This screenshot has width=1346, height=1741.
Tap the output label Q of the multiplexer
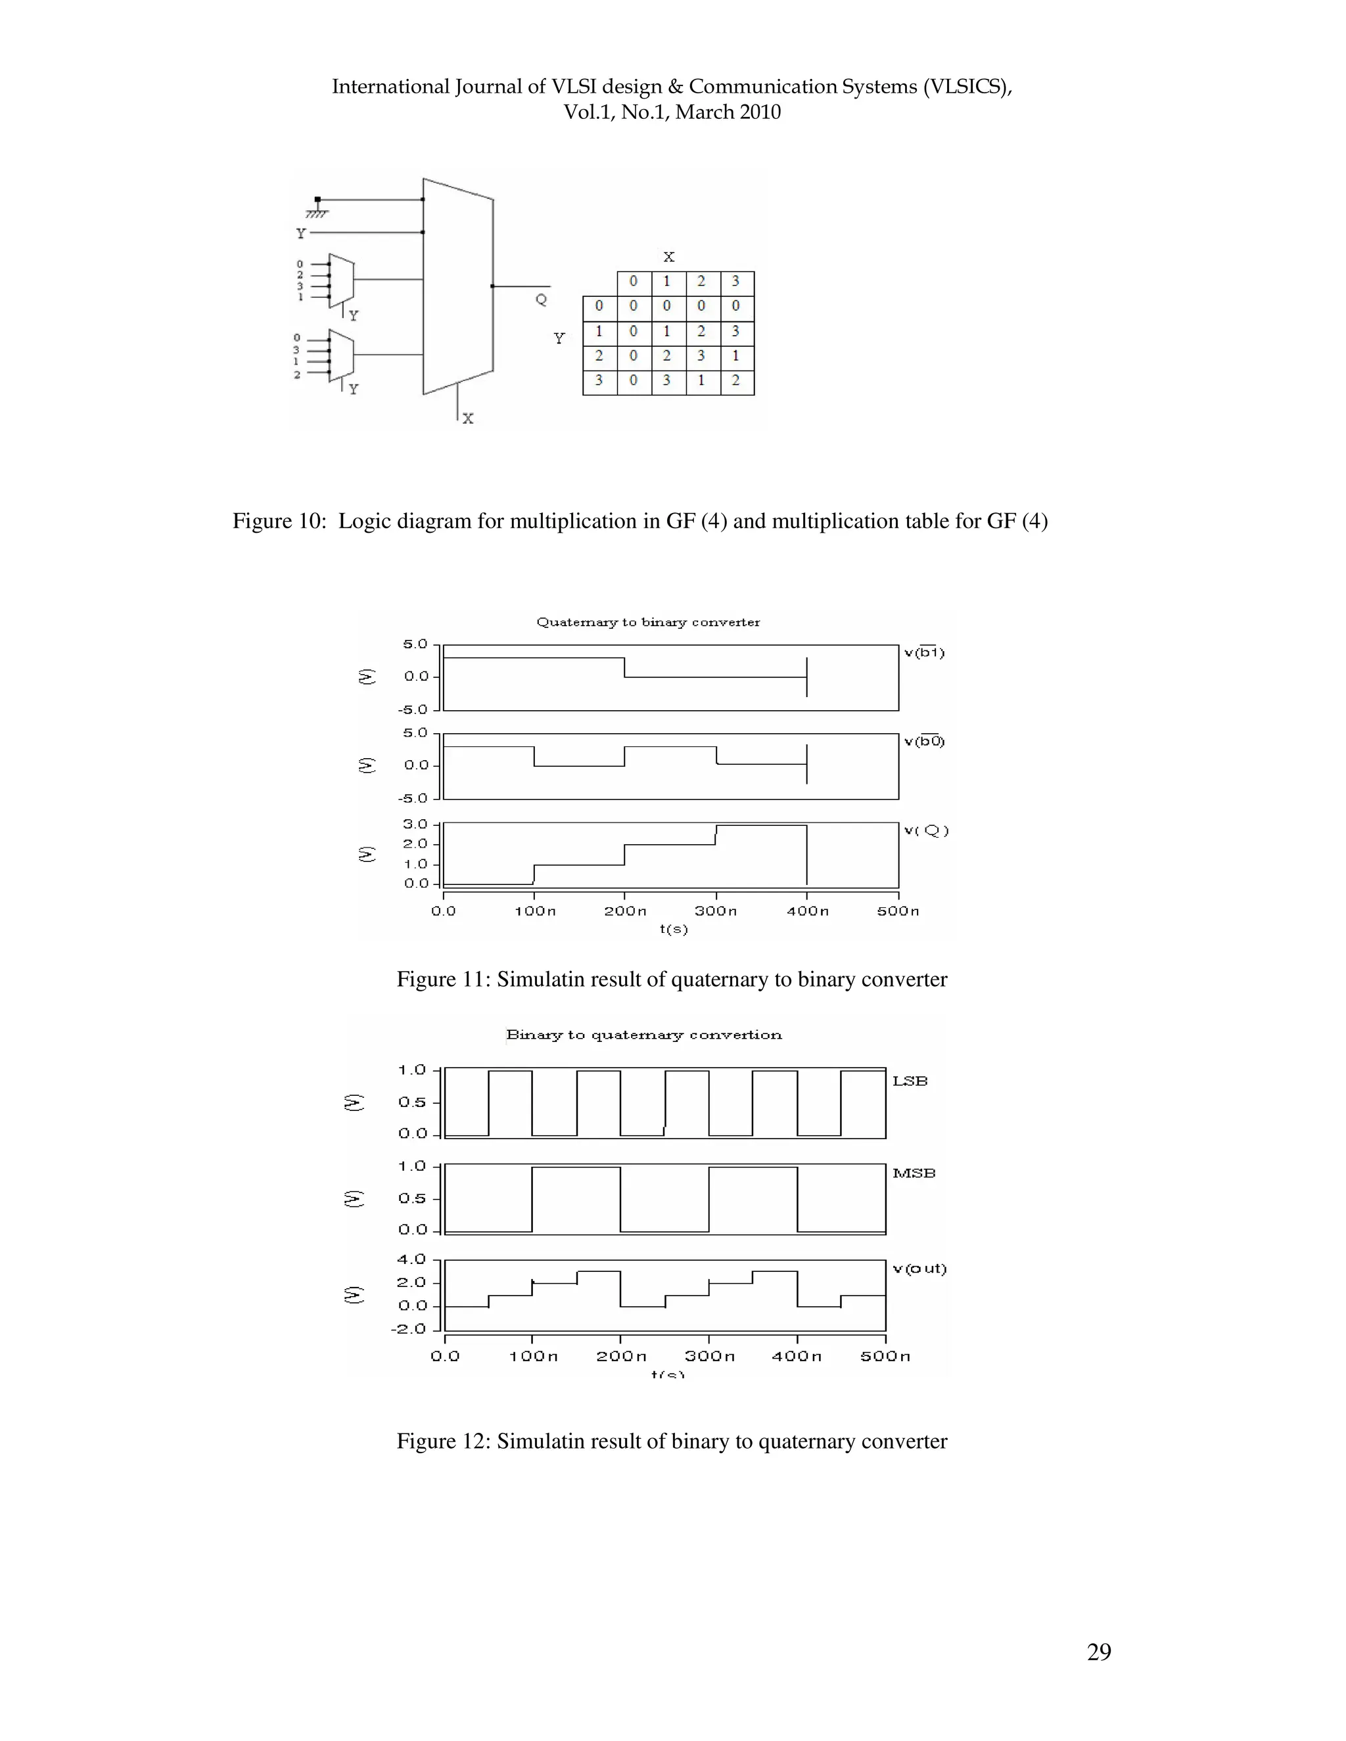tap(541, 300)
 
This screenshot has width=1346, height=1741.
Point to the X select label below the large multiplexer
tap(468, 418)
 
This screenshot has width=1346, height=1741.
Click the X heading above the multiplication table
tap(668, 257)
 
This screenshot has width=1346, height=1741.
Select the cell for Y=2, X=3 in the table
tap(735, 356)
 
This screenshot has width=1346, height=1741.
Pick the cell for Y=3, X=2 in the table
tap(701, 380)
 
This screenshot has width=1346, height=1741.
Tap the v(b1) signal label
tap(924, 652)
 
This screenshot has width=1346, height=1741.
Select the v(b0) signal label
tap(924, 741)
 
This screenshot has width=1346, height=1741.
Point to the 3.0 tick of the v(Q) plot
tap(415, 825)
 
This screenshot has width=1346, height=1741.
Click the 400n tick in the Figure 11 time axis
tap(807, 911)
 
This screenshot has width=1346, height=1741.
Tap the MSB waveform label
tap(914, 1173)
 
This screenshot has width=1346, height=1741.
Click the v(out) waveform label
tap(919, 1268)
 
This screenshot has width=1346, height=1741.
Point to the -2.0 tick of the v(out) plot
tap(409, 1329)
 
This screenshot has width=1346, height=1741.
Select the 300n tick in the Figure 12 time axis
tap(709, 1356)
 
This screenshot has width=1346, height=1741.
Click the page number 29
tap(1098, 1652)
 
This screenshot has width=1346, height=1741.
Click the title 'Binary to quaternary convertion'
tap(643, 1035)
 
